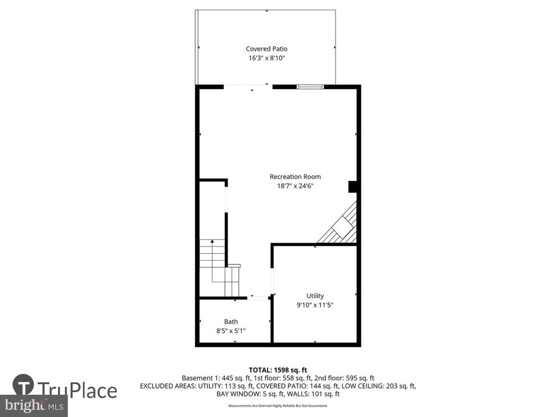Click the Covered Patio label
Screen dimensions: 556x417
pos(267,48)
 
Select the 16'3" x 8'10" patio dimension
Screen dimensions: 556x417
pos(267,58)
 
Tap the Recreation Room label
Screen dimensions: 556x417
pos(295,176)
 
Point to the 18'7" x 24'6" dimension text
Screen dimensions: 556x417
pos(295,186)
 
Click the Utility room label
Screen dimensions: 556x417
pos(315,296)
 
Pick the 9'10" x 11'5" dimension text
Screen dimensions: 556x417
pos(315,305)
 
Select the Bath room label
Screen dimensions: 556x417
pos(231,321)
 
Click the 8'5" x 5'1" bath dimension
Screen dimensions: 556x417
pos(231,331)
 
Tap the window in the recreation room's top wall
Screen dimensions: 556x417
pos(310,86)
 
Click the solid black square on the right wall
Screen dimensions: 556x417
pos(352,187)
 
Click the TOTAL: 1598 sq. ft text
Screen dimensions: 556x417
pos(277,370)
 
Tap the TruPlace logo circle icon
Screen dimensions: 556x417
pos(23,385)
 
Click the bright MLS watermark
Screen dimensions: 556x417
pos(34,405)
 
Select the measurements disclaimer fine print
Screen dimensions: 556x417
pos(277,406)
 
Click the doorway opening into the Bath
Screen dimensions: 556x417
pos(258,298)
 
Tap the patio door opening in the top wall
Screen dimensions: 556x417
pos(248,86)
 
